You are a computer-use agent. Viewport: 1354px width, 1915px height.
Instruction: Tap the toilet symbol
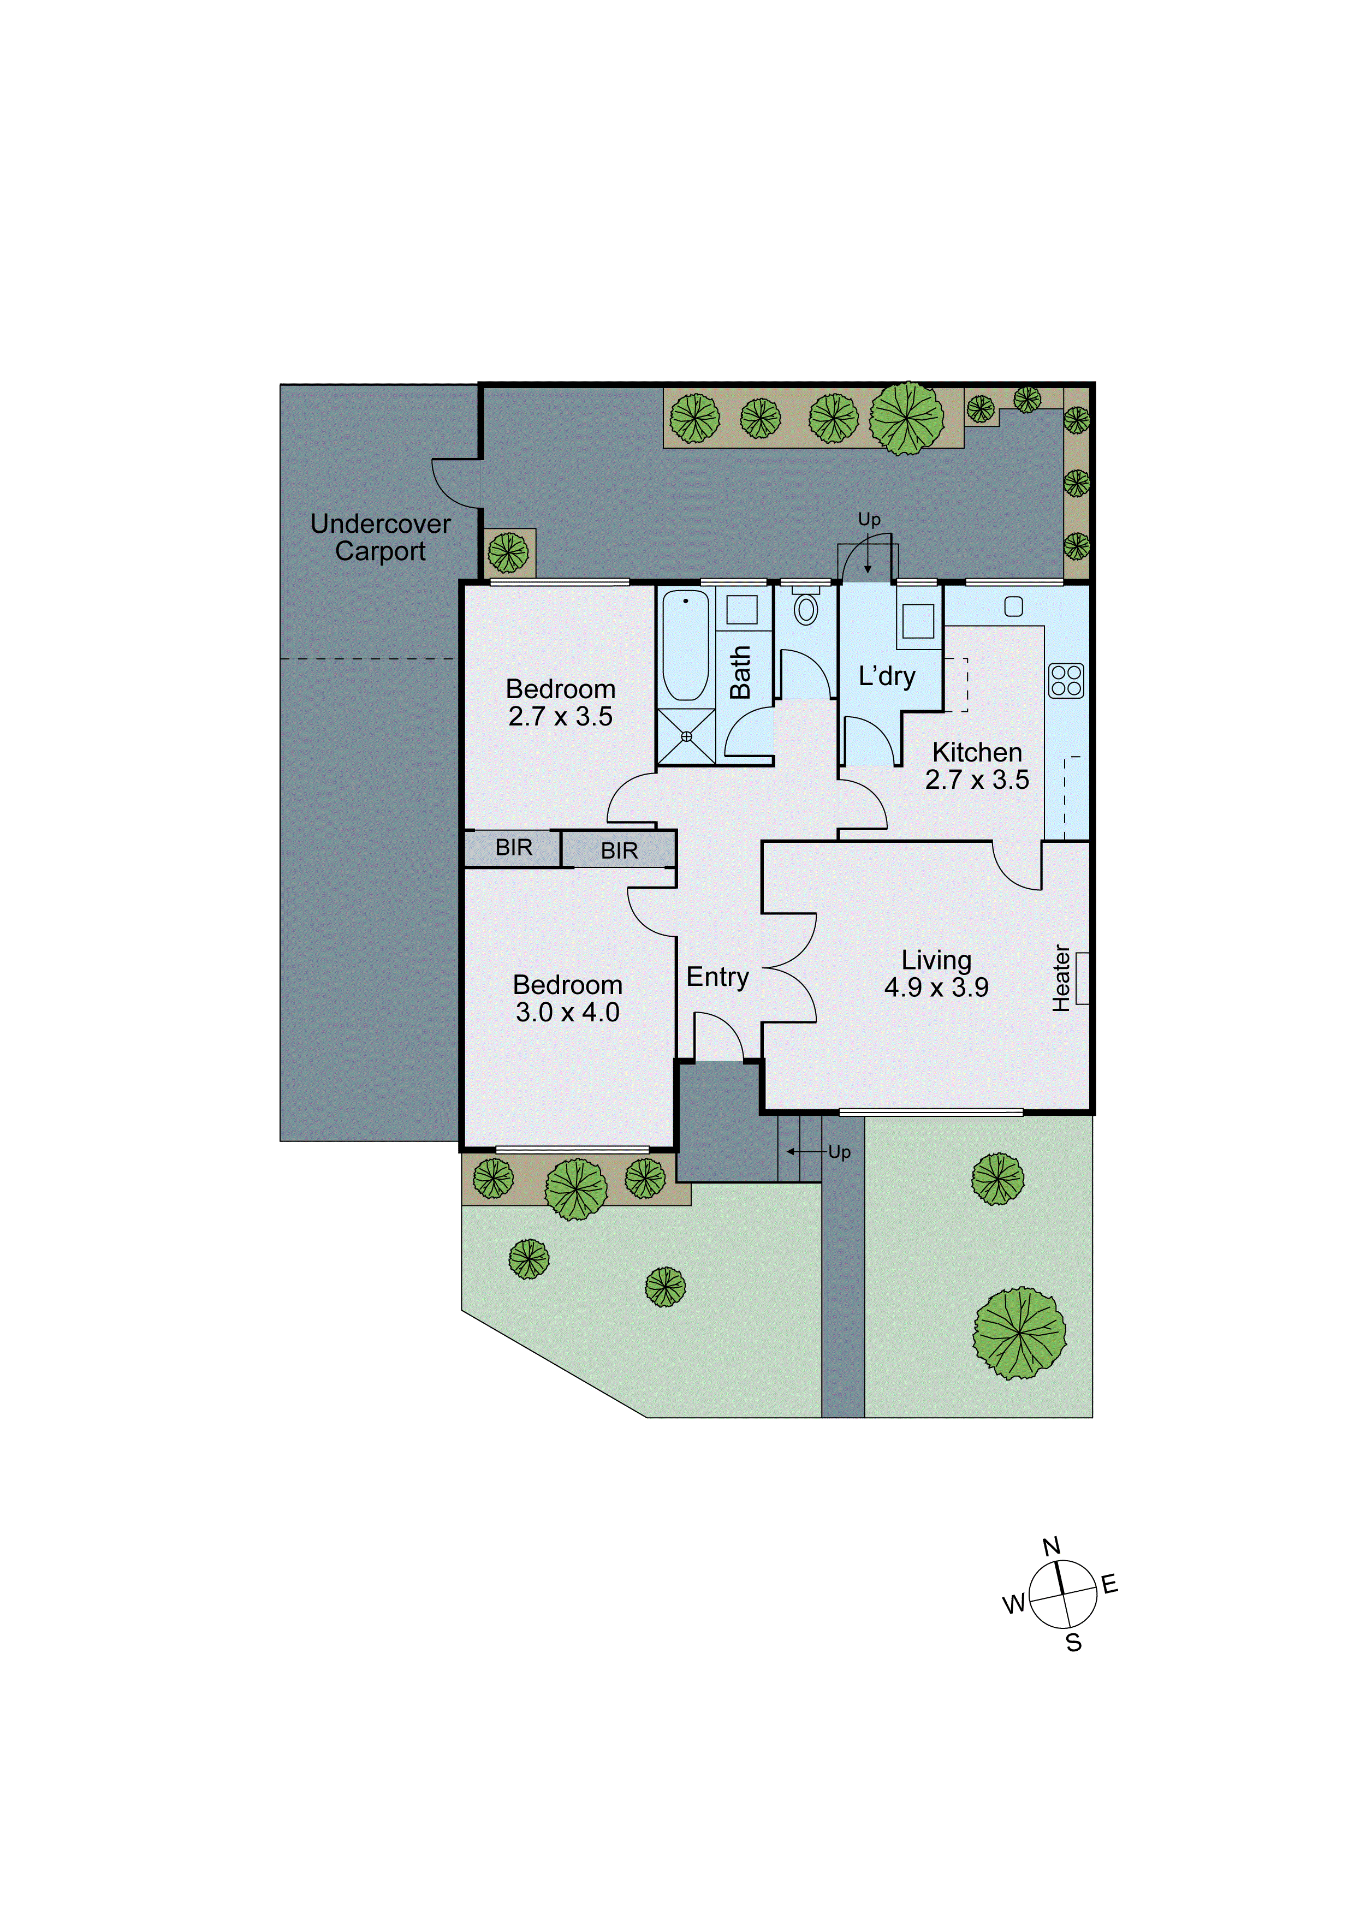tap(805, 608)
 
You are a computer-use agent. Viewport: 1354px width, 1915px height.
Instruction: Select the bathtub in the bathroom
tap(685, 645)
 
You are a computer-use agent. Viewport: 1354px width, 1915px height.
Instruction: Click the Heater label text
tap(1061, 978)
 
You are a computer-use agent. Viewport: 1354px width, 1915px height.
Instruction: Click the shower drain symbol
tap(686, 736)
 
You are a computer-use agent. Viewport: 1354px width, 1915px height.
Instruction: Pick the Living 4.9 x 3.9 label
tap(936, 973)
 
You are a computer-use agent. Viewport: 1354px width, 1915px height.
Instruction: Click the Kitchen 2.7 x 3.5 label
tap(976, 766)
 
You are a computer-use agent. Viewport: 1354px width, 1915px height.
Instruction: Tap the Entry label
tap(717, 977)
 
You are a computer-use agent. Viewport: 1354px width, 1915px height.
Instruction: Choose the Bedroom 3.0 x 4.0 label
tap(567, 998)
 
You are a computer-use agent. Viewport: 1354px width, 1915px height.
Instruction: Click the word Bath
tap(740, 671)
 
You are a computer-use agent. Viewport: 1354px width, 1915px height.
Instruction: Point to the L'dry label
tap(887, 676)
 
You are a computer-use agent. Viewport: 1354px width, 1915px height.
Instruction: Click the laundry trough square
tap(918, 621)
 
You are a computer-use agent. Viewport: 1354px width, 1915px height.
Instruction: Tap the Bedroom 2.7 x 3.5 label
tap(561, 702)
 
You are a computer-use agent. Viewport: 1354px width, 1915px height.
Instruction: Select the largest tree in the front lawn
tap(1019, 1332)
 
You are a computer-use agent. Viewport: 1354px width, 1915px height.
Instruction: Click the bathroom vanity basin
tap(741, 610)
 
